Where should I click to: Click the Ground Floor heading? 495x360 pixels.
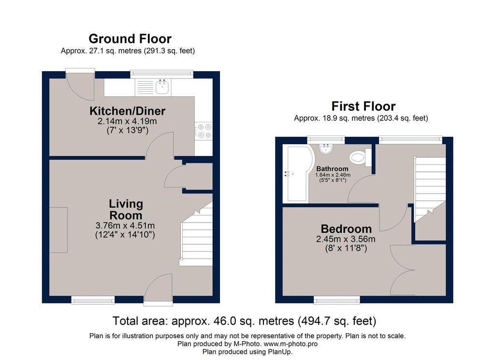tap(130, 39)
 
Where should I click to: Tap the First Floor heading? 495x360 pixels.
tap(364, 106)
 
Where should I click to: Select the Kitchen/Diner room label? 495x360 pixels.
tap(127, 111)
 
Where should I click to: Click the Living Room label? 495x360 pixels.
tap(126, 210)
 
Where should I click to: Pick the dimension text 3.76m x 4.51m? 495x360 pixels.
tap(125, 225)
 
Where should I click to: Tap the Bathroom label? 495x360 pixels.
tap(333, 169)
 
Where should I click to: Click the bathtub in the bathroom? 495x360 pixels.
tap(298, 173)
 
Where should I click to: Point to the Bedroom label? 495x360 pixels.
tap(346, 228)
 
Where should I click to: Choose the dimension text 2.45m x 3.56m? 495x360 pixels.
tap(346, 239)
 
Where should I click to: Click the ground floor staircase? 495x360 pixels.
tap(196, 234)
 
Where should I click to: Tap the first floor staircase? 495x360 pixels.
tap(430, 189)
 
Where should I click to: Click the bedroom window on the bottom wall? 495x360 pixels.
tap(337, 300)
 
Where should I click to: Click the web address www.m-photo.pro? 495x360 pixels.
tap(291, 344)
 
